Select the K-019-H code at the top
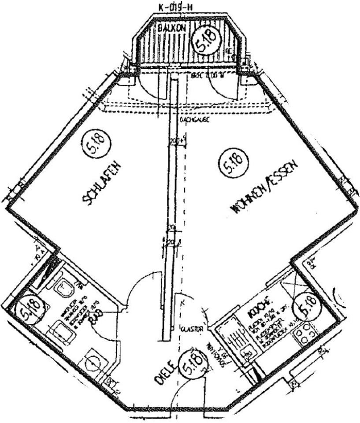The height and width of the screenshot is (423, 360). (175, 7)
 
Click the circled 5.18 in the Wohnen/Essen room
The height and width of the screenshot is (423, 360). (233, 165)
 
